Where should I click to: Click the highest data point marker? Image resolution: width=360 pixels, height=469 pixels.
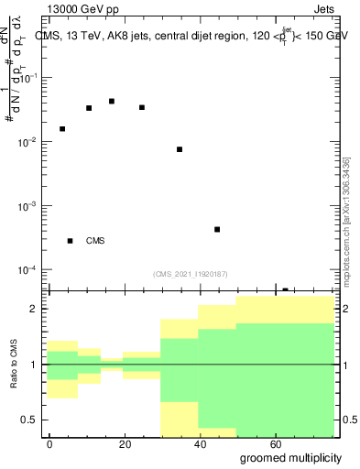[112, 101]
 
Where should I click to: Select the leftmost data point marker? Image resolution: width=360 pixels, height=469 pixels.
[62, 129]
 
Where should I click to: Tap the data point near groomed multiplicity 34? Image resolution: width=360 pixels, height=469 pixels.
[180, 149]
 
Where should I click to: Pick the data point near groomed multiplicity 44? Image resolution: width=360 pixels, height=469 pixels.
[217, 229]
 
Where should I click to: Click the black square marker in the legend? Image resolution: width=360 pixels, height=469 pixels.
[70, 241]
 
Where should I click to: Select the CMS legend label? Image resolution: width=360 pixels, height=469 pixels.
[95, 241]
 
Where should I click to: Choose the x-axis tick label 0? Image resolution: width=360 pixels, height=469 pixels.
[50, 442]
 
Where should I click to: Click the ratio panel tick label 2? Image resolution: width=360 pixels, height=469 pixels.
[33, 309]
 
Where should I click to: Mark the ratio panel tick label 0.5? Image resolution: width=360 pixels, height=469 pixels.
[29, 420]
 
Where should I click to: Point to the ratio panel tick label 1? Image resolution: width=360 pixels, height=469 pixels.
[33, 365]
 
